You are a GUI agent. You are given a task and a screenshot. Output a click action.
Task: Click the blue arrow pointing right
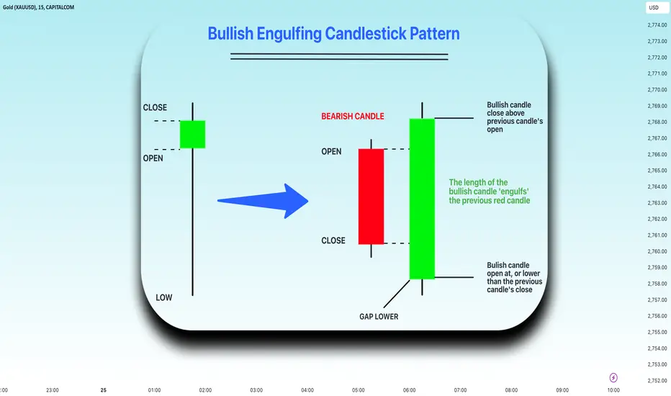(x=263, y=201)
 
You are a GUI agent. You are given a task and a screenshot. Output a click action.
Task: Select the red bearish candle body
(x=371, y=197)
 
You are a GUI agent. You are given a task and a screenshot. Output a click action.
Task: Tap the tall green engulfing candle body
(x=422, y=199)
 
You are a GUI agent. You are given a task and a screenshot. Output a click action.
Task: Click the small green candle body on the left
(x=192, y=135)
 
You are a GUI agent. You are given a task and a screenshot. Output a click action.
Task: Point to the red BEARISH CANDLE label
(x=353, y=117)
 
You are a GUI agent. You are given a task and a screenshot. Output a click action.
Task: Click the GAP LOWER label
(x=379, y=317)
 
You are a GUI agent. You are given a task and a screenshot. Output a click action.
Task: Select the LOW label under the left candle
(x=164, y=297)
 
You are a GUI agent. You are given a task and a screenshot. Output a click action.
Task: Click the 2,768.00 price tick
(x=657, y=122)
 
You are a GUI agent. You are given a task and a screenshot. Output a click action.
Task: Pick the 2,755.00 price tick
(x=657, y=332)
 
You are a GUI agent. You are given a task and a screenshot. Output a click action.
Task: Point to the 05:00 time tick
(x=359, y=390)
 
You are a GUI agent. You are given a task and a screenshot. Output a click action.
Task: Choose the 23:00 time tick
(x=53, y=390)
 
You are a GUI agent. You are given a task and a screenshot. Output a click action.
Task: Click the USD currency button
(x=654, y=7)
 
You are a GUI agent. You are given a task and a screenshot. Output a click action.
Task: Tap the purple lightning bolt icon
(x=613, y=377)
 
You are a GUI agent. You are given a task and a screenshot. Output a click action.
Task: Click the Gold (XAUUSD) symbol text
(x=19, y=7)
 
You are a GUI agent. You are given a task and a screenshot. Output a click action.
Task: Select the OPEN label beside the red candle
(x=331, y=151)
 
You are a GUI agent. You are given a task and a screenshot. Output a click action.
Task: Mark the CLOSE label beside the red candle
(x=333, y=240)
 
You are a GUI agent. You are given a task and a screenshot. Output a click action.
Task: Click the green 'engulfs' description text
(x=490, y=192)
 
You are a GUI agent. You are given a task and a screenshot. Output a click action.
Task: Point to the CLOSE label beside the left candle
(x=155, y=107)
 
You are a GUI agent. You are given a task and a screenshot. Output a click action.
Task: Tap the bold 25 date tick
(x=103, y=390)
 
